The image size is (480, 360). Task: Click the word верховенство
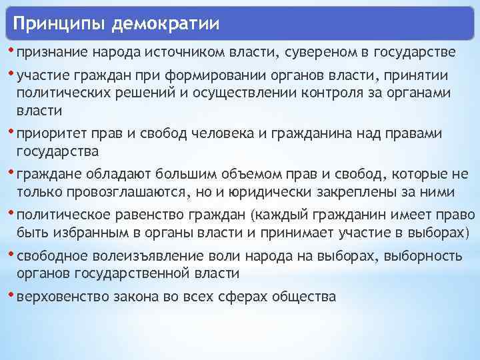pyautogui.click(x=55, y=297)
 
